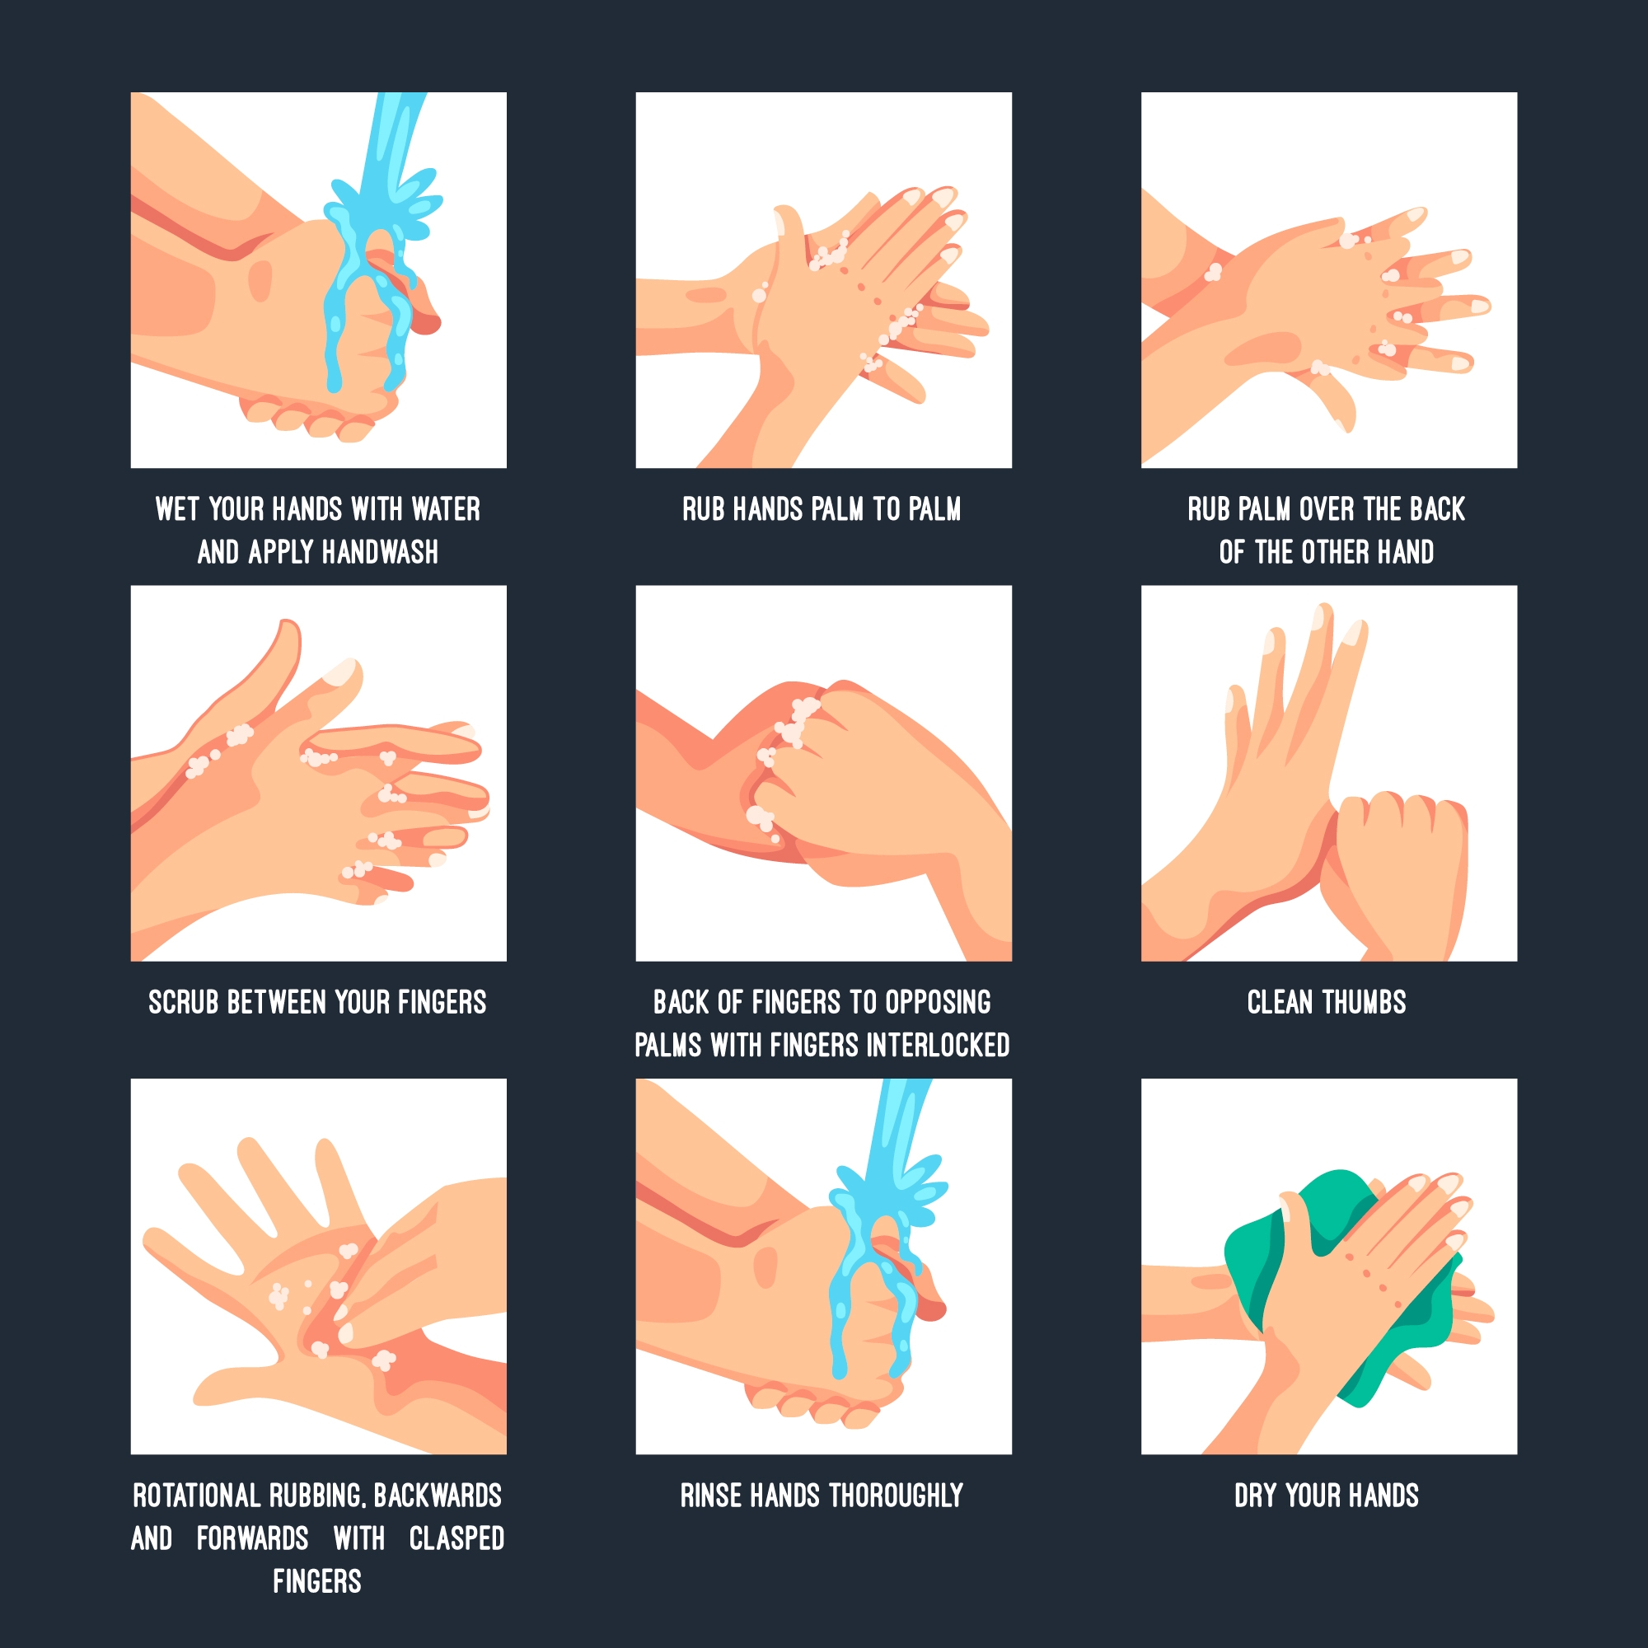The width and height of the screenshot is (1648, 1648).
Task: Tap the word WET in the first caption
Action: [176, 509]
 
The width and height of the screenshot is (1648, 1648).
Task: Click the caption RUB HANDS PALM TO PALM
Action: [822, 509]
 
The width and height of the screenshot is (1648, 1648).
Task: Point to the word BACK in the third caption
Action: [1437, 509]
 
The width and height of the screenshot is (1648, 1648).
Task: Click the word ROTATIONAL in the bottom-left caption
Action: [196, 1496]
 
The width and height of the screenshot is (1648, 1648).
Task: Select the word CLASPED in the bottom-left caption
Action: [456, 1538]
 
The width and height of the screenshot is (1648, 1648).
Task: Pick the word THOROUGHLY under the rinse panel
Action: [897, 1496]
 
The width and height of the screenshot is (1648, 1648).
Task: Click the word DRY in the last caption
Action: [1256, 1496]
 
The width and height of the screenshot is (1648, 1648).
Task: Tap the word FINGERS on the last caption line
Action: [317, 1581]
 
